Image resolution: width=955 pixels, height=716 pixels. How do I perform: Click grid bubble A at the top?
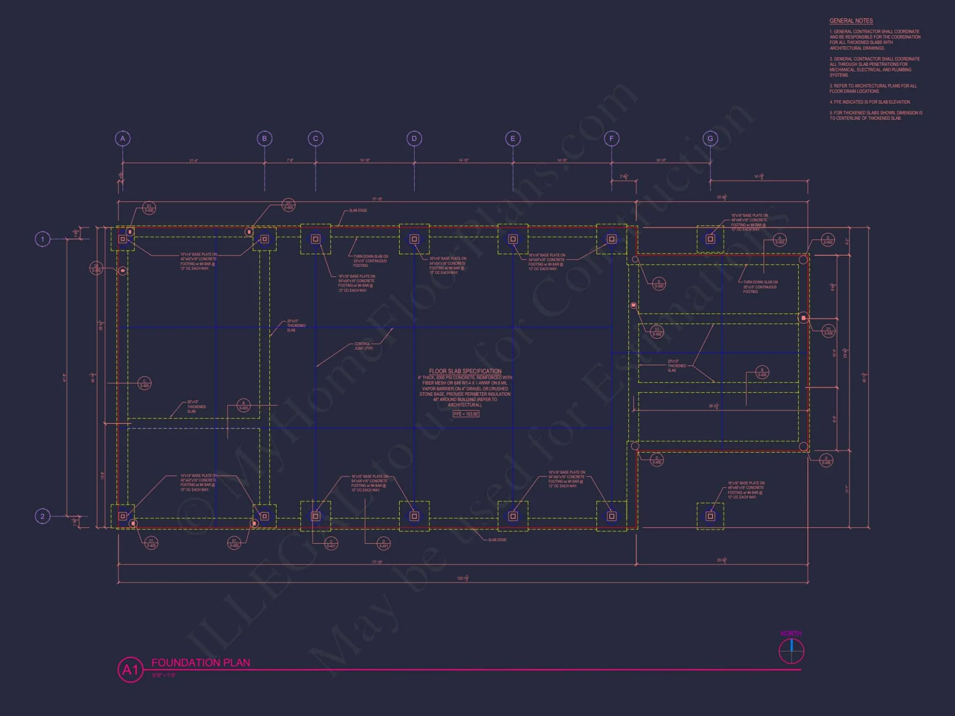123,138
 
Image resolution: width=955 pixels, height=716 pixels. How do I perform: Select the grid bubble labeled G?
710,138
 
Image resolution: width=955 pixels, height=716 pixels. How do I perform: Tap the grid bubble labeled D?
414,138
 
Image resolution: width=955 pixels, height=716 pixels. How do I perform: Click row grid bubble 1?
42,239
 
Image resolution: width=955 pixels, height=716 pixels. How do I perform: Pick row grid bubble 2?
42,516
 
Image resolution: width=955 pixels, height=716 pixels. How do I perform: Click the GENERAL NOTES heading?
851,21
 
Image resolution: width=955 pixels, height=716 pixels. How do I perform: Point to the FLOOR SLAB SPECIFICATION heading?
465,371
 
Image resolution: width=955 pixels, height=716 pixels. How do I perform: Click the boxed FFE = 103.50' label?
466,414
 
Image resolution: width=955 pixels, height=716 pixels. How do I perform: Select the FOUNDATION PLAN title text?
201,663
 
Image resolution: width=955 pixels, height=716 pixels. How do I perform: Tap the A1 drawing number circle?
130,670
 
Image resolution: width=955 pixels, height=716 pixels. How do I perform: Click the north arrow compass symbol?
791,651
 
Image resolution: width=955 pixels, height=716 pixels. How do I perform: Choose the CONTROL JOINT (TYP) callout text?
363,346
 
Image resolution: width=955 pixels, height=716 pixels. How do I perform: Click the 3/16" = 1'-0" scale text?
164,675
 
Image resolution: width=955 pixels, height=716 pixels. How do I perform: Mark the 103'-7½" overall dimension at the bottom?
462,579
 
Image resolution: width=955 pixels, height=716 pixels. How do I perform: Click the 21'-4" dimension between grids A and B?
193,161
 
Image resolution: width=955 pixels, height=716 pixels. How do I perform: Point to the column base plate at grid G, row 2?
710,516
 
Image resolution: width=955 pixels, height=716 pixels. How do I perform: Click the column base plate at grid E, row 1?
513,239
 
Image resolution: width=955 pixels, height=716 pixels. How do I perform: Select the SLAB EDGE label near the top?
358,211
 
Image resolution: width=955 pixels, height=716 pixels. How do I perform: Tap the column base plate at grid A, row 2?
123,516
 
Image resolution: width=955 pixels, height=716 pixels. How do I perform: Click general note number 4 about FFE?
870,102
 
